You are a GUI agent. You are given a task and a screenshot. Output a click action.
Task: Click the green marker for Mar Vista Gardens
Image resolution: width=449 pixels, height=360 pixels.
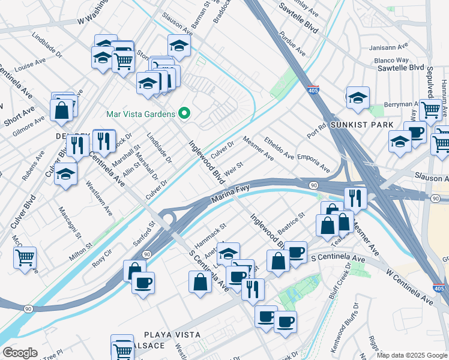[185, 113]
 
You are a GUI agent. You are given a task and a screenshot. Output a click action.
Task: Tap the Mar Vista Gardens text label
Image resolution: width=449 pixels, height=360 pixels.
[140, 113]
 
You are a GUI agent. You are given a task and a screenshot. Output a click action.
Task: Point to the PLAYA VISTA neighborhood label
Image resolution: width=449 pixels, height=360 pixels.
[164, 334]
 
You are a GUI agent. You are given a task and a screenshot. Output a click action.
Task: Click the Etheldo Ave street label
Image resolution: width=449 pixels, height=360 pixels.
[279, 148]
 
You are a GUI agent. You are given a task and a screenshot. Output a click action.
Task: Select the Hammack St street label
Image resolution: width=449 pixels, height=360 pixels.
[209, 232]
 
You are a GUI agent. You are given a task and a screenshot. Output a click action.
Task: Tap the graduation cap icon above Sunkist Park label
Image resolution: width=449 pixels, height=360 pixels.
[358, 98]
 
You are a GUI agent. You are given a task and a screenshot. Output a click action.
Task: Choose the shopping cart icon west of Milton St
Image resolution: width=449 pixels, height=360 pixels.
[25, 258]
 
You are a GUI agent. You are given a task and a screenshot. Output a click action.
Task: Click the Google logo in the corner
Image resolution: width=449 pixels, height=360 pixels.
[20, 352]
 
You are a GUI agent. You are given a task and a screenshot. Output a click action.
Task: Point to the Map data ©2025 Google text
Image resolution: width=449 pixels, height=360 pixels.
[412, 355]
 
